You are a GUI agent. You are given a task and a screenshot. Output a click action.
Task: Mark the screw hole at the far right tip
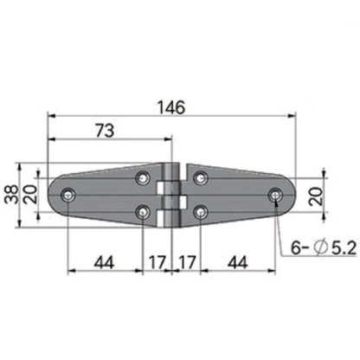click(276, 196)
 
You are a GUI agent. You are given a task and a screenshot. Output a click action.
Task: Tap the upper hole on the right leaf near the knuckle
click(200, 178)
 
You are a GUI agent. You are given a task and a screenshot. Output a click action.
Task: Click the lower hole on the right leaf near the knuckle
click(200, 212)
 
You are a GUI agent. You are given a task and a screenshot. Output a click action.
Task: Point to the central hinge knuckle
click(171, 195)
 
